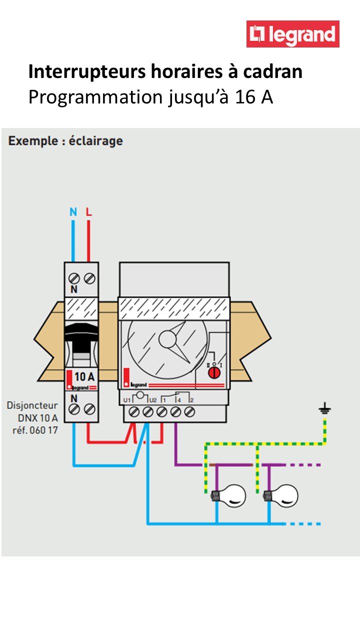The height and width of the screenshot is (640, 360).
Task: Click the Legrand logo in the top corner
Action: pos(293,34)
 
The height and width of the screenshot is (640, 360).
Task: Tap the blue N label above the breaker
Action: pos(73,212)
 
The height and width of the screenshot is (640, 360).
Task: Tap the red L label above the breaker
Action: pos(88,212)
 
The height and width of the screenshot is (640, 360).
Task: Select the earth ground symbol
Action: pos(325,410)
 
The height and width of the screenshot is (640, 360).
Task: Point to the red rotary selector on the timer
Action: pos(213,372)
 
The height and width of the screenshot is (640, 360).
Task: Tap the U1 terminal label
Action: pos(127,400)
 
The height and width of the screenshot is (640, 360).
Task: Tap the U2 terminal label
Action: pos(153,400)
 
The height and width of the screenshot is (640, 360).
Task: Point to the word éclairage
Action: pos(97,141)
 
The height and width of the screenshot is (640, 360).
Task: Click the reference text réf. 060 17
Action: pos(35,429)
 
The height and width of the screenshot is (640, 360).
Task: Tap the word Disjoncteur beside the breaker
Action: pos(32,405)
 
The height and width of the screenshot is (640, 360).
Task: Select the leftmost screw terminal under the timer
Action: pos(134,412)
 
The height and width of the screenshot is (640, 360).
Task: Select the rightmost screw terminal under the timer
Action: pos(189,412)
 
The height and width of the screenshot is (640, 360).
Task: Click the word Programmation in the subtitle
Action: pos(94,96)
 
